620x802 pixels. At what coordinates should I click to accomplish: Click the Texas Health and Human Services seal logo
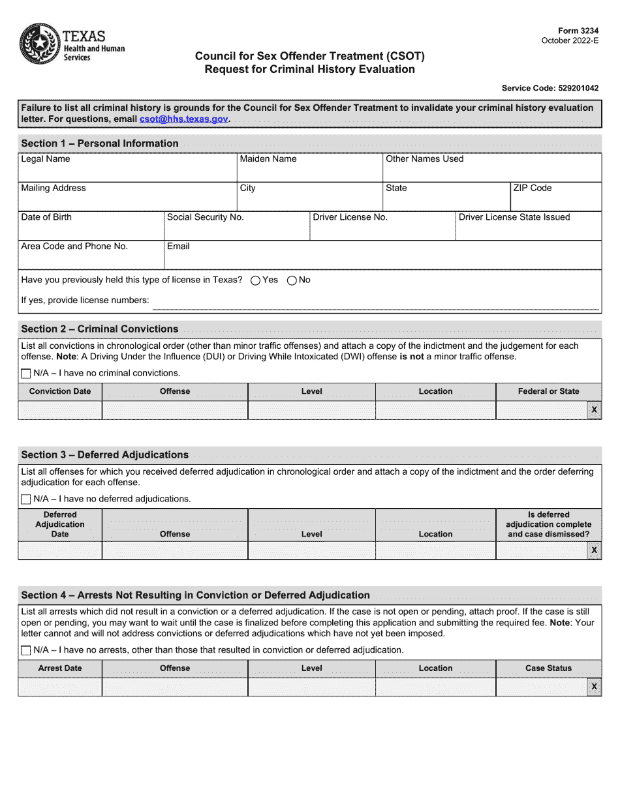pyautogui.click(x=40, y=44)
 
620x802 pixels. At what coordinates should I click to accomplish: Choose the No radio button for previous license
pyautogui.click(x=292, y=280)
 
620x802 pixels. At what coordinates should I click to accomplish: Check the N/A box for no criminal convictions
pyautogui.click(x=26, y=374)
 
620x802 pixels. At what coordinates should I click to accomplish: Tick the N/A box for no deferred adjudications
pyautogui.click(x=26, y=499)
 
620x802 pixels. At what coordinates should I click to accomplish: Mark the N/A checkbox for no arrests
pyautogui.click(x=26, y=650)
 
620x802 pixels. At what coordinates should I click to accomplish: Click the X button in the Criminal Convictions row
pyautogui.click(x=594, y=410)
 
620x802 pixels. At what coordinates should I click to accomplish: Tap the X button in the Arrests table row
pyautogui.click(x=594, y=687)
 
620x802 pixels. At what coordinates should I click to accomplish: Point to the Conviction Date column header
pyautogui.click(x=60, y=392)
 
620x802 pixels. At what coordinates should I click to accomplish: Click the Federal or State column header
pyautogui.click(x=548, y=392)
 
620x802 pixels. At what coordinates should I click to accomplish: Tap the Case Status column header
pyautogui.click(x=548, y=668)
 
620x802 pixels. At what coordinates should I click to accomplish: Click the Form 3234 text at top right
pyautogui.click(x=578, y=31)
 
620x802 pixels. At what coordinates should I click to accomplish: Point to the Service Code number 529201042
pyautogui.click(x=574, y=88)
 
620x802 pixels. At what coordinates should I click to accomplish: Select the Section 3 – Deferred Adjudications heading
pyautogui.click(x=105, y=455)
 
